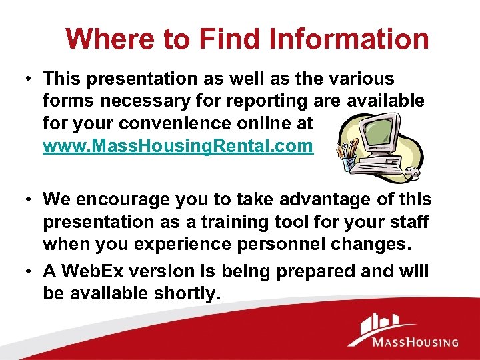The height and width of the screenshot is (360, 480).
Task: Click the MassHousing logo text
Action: [x=415, y=343]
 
